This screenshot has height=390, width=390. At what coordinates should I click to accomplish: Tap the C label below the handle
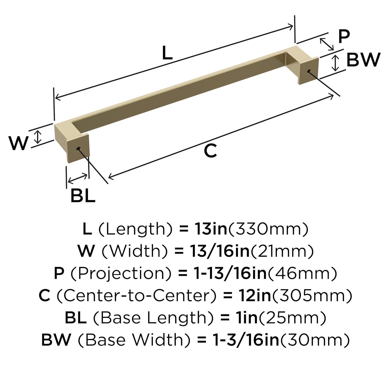[210, 151]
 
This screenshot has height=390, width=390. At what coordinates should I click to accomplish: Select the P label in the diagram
[344, 37]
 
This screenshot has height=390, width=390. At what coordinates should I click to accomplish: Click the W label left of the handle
[18, 143]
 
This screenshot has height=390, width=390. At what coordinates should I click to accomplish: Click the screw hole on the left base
[79, 149]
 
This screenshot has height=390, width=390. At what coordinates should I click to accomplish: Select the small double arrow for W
[38, 137]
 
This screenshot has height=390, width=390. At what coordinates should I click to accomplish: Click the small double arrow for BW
[336, 63]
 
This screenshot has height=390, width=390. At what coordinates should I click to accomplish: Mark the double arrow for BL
[77, 178]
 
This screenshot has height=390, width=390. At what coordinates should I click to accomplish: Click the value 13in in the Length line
[211, 229]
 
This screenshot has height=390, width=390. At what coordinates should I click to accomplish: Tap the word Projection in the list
[121, 274]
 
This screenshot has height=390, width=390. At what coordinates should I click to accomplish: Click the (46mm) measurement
[302, 274]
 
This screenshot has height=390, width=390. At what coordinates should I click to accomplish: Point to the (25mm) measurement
[292, 318]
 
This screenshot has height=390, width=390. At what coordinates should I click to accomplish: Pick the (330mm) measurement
[268, 229]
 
